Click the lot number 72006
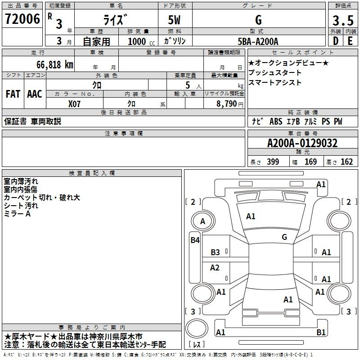coord(22,19)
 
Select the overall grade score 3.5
coord(343,20)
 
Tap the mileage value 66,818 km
coord(55,65)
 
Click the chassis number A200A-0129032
coord(302,143)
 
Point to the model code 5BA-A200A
coord(258,41)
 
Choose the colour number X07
coord(74,104)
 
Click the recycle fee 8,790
coord(227,104)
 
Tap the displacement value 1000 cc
coord(141,41)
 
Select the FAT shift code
coord(13,94)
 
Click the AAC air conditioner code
coord(35,94)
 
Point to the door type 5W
coord(174,20)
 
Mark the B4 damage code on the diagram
coord(195,240)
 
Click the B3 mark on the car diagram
coord(216,252)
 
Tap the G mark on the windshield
coord(284,237)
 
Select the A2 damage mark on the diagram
coord(215,267)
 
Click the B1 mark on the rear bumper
coord(321,332)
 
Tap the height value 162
coord(346,162)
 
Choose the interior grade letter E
coord(350,41)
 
